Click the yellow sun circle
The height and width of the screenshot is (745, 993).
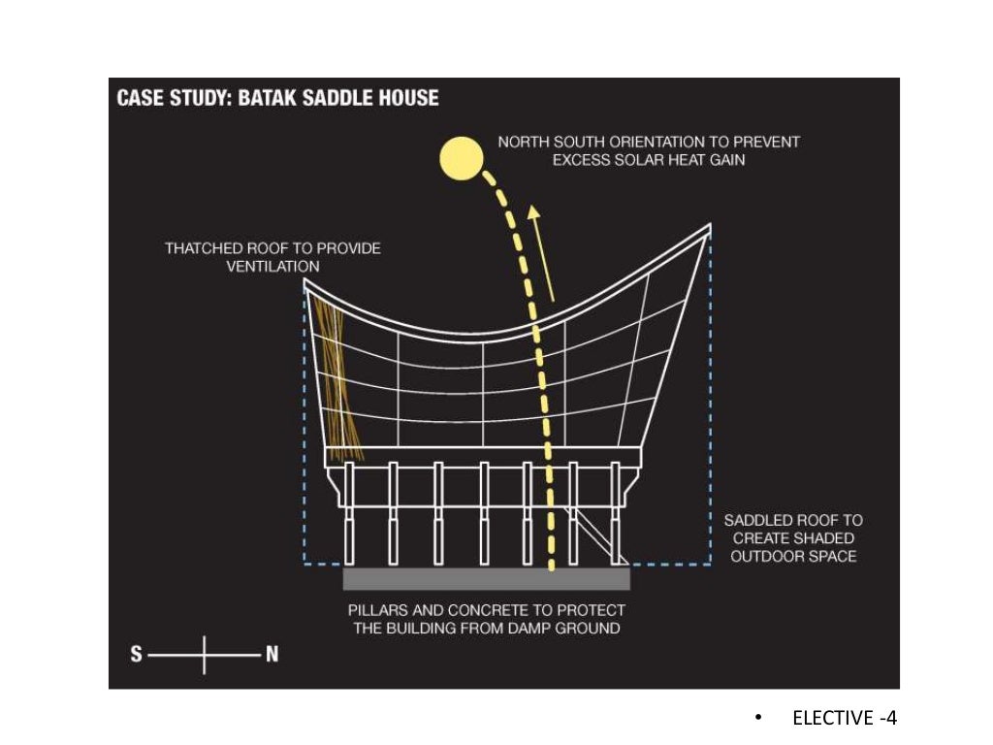461,158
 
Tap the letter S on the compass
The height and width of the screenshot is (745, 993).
137,655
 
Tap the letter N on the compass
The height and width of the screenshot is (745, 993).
272,655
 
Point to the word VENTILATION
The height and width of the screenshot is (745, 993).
272,266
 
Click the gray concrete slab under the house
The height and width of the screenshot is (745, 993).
486,578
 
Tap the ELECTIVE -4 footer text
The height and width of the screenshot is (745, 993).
845,718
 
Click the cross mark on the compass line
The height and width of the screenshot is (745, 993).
205,655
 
